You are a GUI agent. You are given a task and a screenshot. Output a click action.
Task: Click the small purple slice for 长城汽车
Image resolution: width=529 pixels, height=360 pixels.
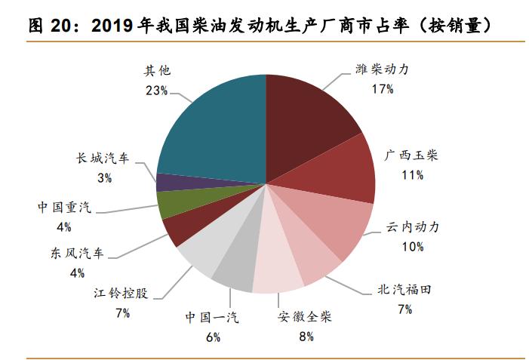click(x=172, y=182)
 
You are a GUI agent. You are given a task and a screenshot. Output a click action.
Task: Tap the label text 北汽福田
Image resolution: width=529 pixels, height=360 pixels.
click(x=407, y=290)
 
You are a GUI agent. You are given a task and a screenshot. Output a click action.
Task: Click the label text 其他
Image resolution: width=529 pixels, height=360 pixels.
click(x=158, y=72)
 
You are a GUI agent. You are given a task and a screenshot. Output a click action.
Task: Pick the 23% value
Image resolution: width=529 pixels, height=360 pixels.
click(x=158, y=90)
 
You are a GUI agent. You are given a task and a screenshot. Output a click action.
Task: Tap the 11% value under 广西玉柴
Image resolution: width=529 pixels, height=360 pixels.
click(x=412, y=175)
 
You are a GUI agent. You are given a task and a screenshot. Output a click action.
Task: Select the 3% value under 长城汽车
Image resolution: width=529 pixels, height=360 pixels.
click(x=104, y=178)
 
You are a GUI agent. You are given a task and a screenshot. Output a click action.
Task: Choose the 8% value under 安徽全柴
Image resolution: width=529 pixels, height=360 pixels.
click(x=306, y=336)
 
